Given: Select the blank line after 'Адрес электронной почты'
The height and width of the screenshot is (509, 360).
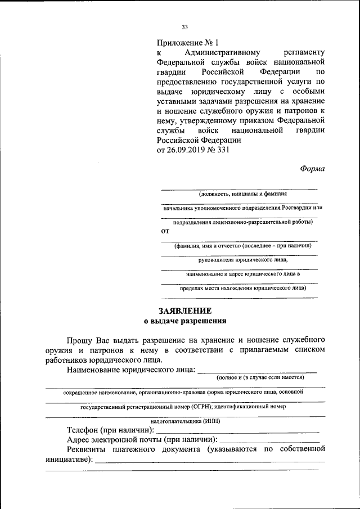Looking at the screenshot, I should [270, 439].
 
